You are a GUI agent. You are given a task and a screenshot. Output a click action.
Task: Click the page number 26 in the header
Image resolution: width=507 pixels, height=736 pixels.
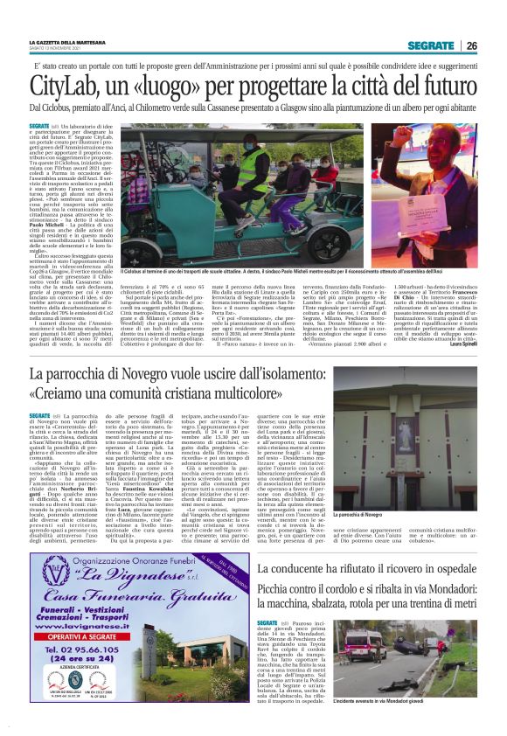click(x=472, y=46)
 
